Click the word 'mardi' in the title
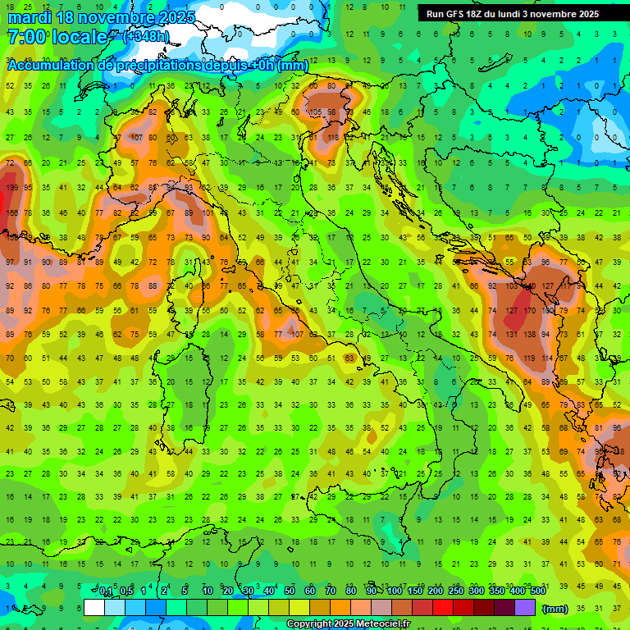(x=29, y=16)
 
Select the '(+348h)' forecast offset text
(x=147, y=36)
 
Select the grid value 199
(x=11, y=188)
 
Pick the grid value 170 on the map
(x=530, y=312)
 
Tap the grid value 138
(x=530, y=336)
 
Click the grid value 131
(x=511, y=336)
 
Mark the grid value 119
(x=530, y=358)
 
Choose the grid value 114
(x=548, y=358)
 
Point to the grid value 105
(x=315, y=112)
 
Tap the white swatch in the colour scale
(x=94, y=608)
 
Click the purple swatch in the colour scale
(x=524, y=608)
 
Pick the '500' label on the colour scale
(x=537, y=591)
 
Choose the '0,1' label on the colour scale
(x=106, y=591)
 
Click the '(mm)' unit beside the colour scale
(x=555, y=609)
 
